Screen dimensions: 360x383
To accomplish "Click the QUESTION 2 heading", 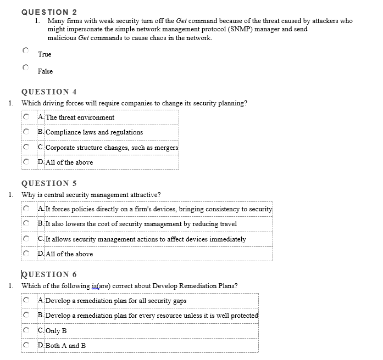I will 49,12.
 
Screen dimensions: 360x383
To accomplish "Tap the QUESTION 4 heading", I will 49,92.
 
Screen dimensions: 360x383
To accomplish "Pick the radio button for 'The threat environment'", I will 26,117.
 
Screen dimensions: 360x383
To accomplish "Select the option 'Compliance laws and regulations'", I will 94,132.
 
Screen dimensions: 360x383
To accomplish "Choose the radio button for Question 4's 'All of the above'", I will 26,162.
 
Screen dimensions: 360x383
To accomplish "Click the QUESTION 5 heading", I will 49,183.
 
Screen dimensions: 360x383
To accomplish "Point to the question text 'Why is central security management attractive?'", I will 91,195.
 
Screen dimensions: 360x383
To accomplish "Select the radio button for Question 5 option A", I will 26,209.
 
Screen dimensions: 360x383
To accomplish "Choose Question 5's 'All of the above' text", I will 69,254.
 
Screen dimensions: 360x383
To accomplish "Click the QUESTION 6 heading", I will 49,274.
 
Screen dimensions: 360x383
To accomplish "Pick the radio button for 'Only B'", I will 26,330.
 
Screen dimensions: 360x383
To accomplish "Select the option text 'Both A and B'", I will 65,346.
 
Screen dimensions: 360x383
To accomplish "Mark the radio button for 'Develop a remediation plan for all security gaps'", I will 26,300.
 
